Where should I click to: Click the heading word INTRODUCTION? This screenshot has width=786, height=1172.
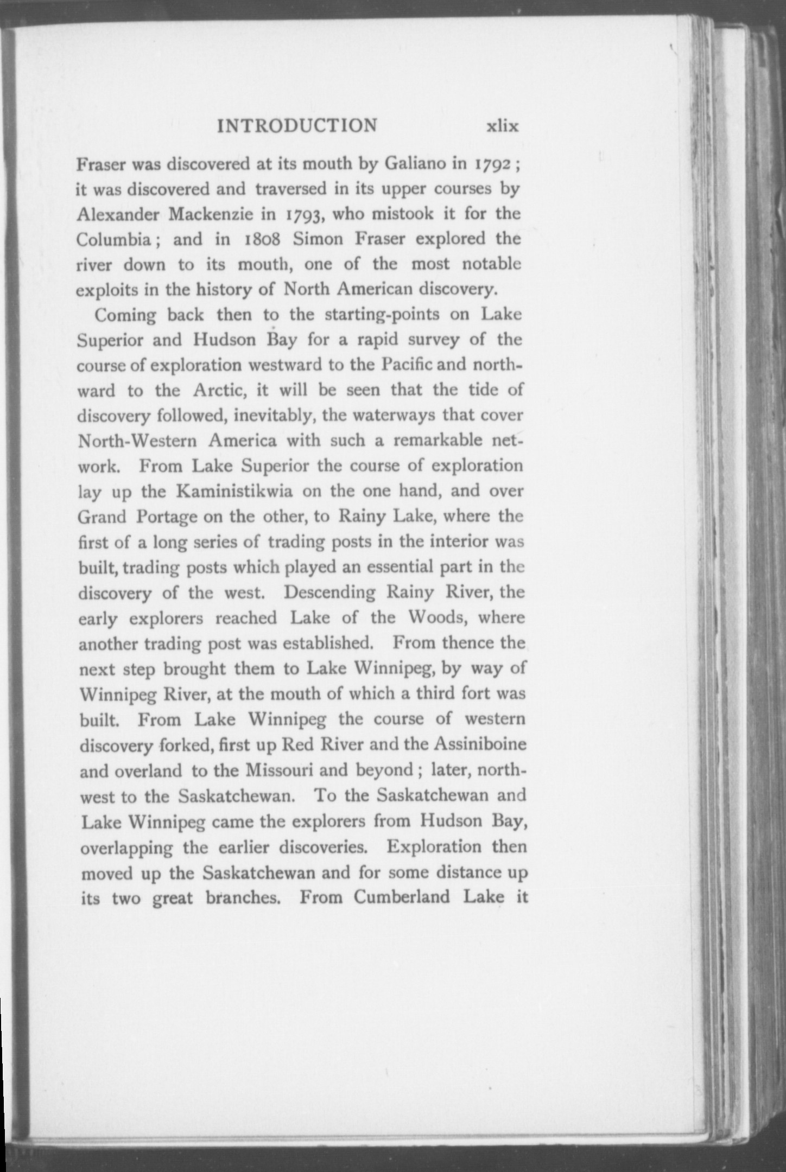coord(297,126)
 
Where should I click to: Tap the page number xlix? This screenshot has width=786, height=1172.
coord(503,126)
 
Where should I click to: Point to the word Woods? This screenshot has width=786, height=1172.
coord(436,617)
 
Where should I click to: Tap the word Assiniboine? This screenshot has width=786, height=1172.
coord(480,744)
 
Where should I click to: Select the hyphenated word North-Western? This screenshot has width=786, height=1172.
coord(137,440)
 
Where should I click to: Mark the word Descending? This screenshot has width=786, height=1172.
coord(329,592)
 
